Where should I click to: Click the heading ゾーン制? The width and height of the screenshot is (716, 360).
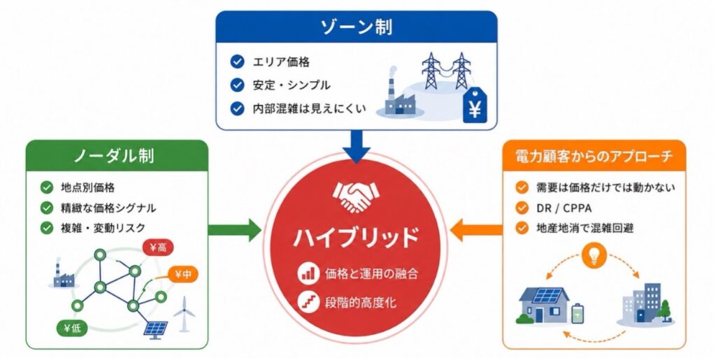tap(357, 27)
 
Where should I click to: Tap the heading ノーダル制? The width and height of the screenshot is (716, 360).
tap(114, 156)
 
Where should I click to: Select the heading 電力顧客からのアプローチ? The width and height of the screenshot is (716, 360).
tap(594, 157)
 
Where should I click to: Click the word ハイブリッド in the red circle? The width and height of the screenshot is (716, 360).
tap(356, 237)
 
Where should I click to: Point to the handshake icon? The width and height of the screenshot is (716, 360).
tap(356, 197)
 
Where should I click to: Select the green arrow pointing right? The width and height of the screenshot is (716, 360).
tap(234, 230)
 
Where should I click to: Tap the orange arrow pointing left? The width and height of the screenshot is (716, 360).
tap(477, 230)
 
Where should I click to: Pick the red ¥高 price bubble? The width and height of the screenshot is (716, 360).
tap(158, 247)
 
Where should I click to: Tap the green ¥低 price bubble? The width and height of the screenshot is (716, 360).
tap(72, 328)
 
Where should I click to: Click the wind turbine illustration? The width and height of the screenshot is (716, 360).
tap(185, 314)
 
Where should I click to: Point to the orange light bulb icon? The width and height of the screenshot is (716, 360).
tap(594, 256)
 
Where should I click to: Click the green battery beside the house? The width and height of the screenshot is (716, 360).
tap(578, 313)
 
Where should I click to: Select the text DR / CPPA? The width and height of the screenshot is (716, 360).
tap(564, 208)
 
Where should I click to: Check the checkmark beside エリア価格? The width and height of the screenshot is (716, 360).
tap(237, 62)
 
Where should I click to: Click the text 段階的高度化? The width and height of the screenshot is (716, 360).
tap(361, 302)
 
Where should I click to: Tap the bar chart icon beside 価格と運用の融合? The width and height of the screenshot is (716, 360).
tap(308, 273)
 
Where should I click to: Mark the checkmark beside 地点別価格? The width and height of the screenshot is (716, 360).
tap(47, 187)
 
